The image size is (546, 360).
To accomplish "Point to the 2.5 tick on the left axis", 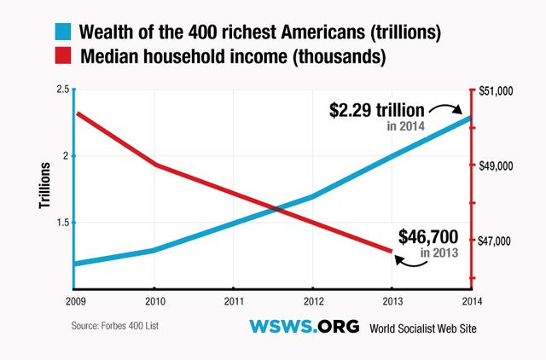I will (x=62, y=90).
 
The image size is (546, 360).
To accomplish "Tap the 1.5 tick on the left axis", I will (x=62, y=223).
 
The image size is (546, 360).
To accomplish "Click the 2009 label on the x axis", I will (x=75, y=301).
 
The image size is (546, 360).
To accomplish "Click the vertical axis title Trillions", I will (x=45, y=188).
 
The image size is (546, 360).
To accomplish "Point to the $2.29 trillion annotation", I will (x=377, y=111).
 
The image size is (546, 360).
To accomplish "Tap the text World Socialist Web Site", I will (x=422, y=328).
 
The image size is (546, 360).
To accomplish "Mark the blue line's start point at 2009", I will (x=75, y=264).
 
